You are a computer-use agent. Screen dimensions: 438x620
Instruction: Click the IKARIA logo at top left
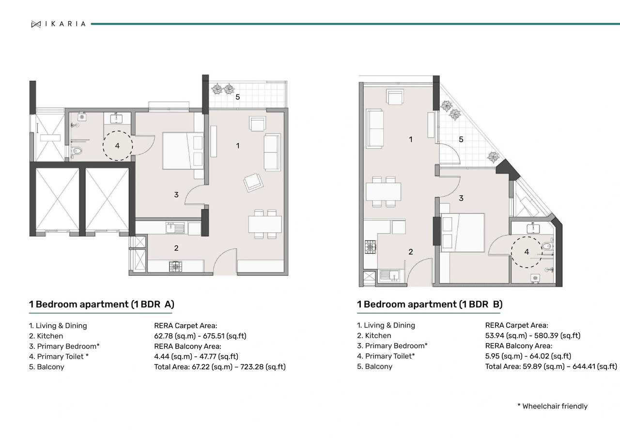58,24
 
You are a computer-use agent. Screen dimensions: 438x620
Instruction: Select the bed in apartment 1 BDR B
463,232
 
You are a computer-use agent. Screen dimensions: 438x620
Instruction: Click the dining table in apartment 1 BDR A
264,224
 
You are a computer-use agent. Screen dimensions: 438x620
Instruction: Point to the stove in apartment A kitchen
175,266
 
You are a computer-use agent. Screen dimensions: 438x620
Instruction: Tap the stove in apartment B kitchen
371,246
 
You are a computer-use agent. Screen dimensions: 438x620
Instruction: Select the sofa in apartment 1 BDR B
375,128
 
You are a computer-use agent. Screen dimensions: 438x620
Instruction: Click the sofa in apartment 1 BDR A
272,152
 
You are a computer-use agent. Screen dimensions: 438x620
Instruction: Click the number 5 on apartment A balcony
237,97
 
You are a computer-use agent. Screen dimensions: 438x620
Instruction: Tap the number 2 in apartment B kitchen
411,252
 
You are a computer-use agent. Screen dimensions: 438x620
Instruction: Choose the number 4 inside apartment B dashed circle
527,252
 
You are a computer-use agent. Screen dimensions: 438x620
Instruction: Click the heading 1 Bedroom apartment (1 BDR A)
101,304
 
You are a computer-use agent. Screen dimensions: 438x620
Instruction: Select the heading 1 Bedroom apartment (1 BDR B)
430,304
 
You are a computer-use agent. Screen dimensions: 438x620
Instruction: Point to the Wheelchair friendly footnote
552,406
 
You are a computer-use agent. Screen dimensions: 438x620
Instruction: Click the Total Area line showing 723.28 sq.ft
219,367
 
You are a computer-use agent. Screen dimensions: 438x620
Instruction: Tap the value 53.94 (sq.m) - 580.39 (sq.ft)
532,335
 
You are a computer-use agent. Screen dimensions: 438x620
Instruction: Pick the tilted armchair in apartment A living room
253,182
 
